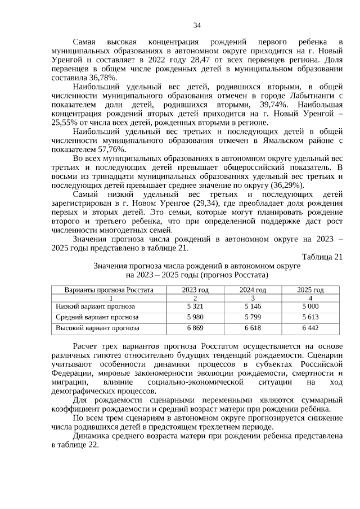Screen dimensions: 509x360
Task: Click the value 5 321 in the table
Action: click(x=195, y=307)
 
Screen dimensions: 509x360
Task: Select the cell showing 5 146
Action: click(x=253, y=307)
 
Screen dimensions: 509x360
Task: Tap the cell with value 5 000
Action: click(x=310, y=307)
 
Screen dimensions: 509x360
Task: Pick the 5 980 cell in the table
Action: click(x=195, y=317)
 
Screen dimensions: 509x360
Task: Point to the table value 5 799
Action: click(x=253, y=317)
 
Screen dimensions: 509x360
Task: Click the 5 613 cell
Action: click(x=310, y=317)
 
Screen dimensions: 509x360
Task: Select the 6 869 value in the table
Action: click(x=195, y=328)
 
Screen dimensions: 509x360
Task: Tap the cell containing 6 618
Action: click(x=253, y=328)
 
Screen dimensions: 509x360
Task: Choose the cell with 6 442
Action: click(x=310, y=328)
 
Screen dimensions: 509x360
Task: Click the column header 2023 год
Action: click(x=195, y=290)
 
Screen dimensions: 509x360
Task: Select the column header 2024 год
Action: click(x=253, y=290)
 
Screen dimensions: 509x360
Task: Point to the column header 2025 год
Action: click(x=310, y=290)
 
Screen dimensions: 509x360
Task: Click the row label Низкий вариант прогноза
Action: click(x=95, y=307)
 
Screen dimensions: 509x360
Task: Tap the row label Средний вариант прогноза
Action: click(x=97, y=317)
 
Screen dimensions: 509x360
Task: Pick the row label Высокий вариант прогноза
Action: click(x=97, y=328)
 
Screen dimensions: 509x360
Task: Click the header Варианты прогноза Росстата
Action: click(x=109, y=290)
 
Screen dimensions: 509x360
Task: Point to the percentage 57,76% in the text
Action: click(x=110, y=149)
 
